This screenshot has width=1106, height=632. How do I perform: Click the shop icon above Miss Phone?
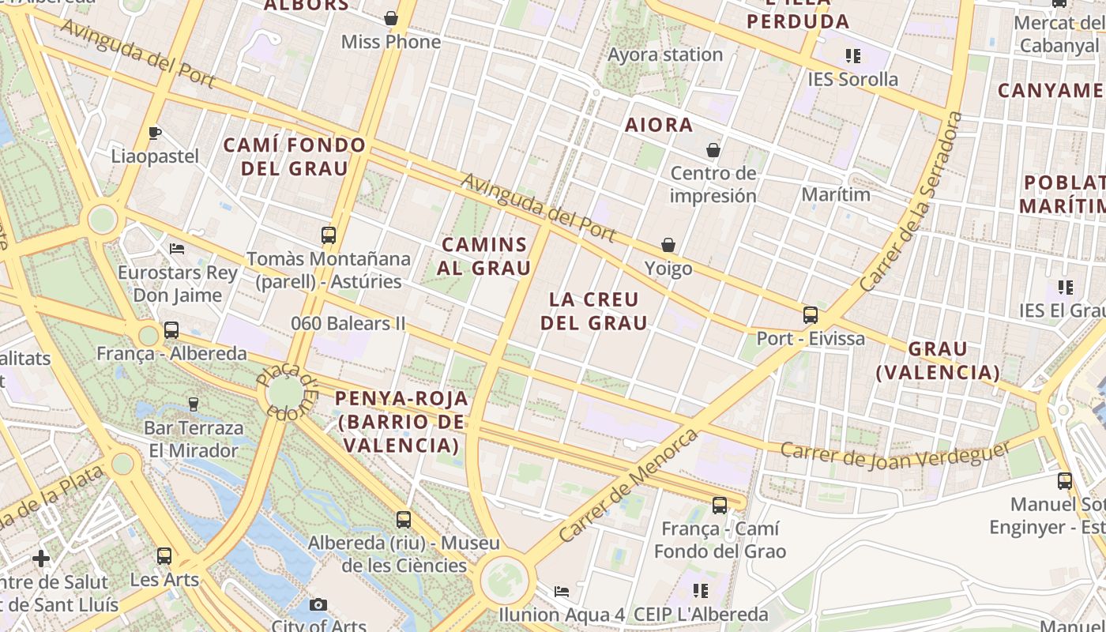click(x=391, y=18)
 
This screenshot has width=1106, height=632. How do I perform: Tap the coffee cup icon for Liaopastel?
click(x=155, y=133)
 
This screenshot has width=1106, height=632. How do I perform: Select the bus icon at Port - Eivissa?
click(x=810, y=315)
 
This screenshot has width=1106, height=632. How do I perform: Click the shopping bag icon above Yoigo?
click(x=668, y=246)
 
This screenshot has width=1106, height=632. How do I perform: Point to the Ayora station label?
click(x=665, y=55)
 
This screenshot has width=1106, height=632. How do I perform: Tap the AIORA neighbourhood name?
click(x=659, y=125)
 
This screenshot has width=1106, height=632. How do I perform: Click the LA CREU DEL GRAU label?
click(x=593, y=311)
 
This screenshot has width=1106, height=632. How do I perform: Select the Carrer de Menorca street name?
click(x=629, y=485)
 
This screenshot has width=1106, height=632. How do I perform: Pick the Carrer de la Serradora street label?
click(x=913, y=201)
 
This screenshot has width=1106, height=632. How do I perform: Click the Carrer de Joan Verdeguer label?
click(x=895, y=453)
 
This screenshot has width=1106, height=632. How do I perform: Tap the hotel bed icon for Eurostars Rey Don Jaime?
click(x=177, y=248)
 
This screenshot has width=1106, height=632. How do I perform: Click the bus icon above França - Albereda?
click(x=171, y=330)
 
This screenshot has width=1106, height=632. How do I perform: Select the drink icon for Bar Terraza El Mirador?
click(x=194, y=404)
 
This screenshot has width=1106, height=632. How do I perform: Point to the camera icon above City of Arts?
click(x=318, y=604)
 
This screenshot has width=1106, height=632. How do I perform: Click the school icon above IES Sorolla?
click(x=852, y=56)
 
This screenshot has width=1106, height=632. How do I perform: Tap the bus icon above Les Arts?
click(x=164, y=556)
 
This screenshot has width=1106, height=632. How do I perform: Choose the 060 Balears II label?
click(x=348, y=323)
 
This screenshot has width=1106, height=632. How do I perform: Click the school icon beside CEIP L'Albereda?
click(x=700, y=590)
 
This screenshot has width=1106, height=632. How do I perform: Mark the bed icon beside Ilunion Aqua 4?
click(x=561, y=591)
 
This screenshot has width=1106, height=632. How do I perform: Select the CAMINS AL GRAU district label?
click(x=483, y=256)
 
